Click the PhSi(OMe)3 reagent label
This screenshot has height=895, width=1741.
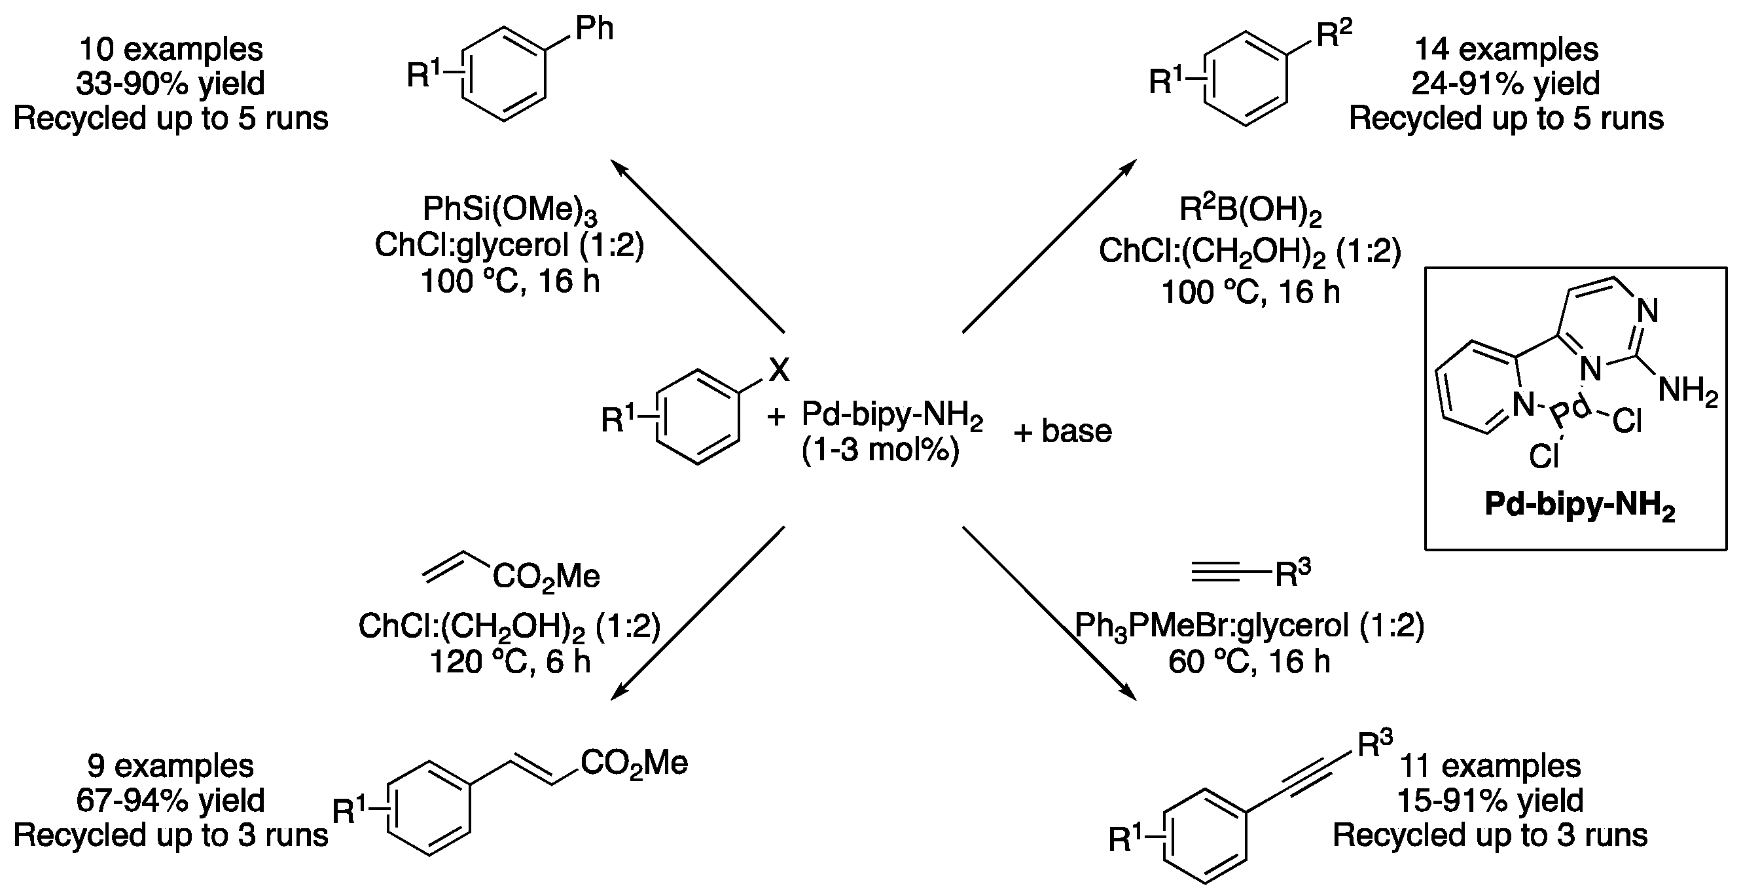tap(510, 210)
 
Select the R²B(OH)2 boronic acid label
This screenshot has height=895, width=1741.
tap(1249, 210)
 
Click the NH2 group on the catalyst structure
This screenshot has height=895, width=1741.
tap(1687, 391)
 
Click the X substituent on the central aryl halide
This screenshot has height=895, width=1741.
tap(779, 370)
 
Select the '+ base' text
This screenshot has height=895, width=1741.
tap(1062, 431)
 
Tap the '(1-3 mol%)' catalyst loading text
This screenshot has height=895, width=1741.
tap(880, 450)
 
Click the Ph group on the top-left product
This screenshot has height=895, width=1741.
tap(594, 28)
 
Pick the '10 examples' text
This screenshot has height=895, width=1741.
tap(171, 49)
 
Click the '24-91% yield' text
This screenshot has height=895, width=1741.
tap(1506, 84)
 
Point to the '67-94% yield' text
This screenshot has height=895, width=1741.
tap(170, 800)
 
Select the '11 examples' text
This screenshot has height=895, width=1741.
tap(1490, 766)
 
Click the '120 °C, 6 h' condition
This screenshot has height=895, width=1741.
tap(510, 662)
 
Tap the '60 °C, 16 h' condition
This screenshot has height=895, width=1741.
tap(1249, 662)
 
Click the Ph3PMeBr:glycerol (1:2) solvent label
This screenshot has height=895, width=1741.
tap(1249, 627)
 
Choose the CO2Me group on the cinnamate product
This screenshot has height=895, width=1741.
tap(634, 764)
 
